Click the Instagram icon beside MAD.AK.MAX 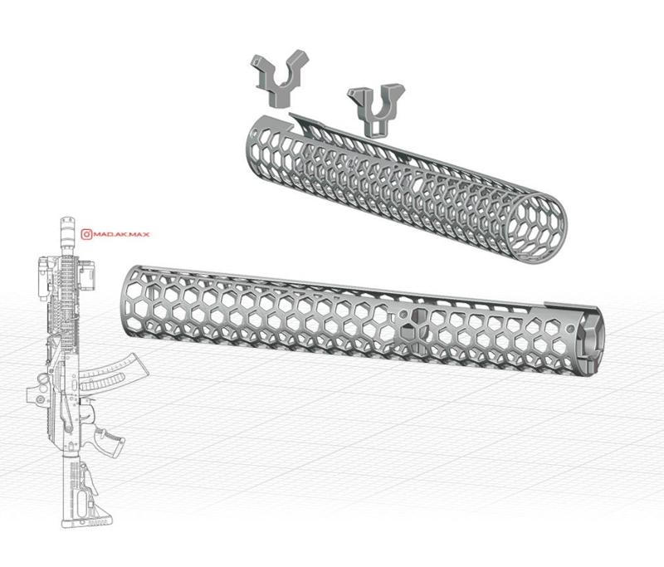point(85,234)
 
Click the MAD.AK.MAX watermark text point(118,234)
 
